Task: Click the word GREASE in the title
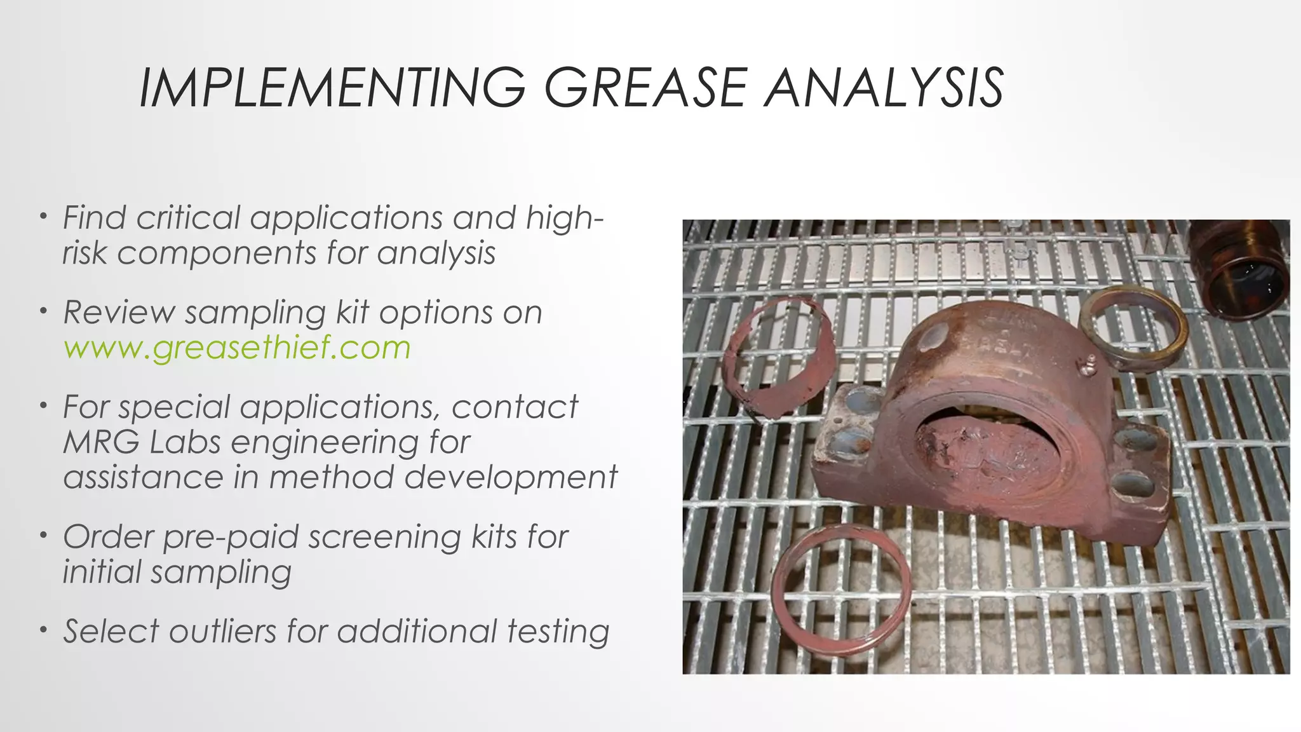(646, 88)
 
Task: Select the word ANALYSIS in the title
(884, 88)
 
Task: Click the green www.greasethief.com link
(237, 348)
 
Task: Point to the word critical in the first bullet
(188, 218)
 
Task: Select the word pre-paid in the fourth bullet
(231, 537)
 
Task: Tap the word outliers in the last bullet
(223, 632)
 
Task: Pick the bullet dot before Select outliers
(43, 630)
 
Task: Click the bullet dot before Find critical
(43, 217)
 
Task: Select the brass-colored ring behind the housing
(1133, 324)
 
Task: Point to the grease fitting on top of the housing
(1087, 363)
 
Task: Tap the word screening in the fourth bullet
(385, 537)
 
